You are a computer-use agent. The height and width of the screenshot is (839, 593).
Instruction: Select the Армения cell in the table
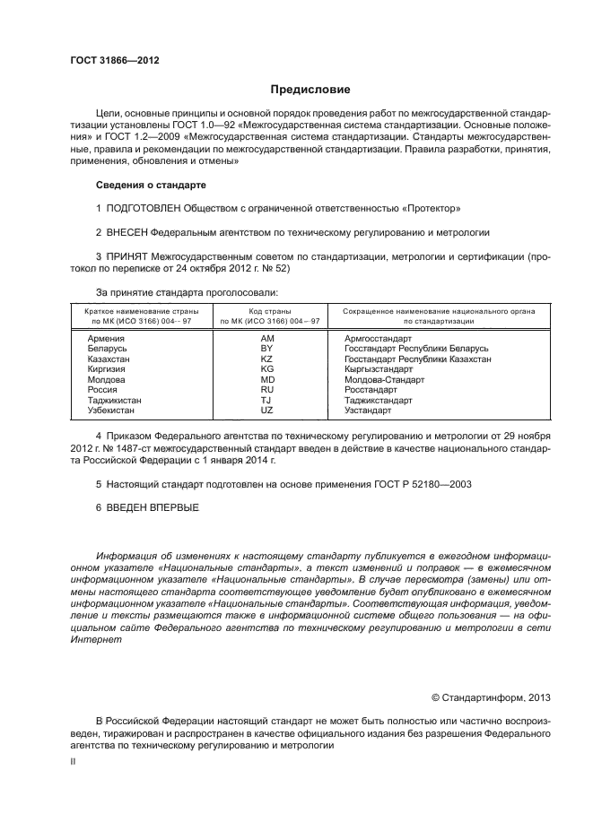(x=106, y=339)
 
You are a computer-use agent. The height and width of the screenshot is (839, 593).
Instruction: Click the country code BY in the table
(x=266, y=349)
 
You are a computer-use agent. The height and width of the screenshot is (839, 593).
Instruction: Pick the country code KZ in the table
(x=266, y=359)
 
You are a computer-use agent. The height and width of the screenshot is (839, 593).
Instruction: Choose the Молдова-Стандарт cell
(x=384, y=379)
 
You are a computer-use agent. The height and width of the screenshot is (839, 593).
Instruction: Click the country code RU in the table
(x=266, y=390)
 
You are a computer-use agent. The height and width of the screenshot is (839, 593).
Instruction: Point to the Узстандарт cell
(x=368, y=411)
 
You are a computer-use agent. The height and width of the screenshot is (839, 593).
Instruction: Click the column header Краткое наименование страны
(x=134, y=310)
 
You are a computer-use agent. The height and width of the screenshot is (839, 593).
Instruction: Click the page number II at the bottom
(x=73, y=761)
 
